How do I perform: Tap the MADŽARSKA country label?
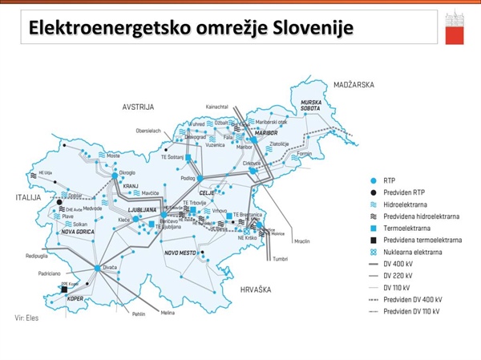click(354, 84)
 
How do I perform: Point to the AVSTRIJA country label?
click(138, 107)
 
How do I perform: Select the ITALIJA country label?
click(27, 196)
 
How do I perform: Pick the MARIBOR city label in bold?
click(265, 132)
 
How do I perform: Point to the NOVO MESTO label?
click(180, 253)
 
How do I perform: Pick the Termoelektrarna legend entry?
click(406, 228)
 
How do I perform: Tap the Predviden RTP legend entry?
click(403, 192)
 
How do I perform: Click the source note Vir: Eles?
click(27, 318)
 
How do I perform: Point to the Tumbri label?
click(280, 259)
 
